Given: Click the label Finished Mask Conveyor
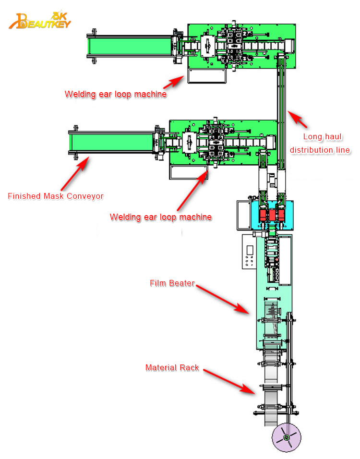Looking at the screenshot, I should (55, 196).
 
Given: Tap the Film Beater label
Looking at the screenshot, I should (171, 283).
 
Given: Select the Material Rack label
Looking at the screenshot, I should (172, 368).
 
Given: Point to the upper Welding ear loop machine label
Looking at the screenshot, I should (116, 94).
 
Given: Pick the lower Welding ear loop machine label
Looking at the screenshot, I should (161, 217).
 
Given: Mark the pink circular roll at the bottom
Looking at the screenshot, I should (286, 437).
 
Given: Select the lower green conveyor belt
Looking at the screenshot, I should (111, 143).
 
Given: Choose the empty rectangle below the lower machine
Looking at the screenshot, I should (189, 172).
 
